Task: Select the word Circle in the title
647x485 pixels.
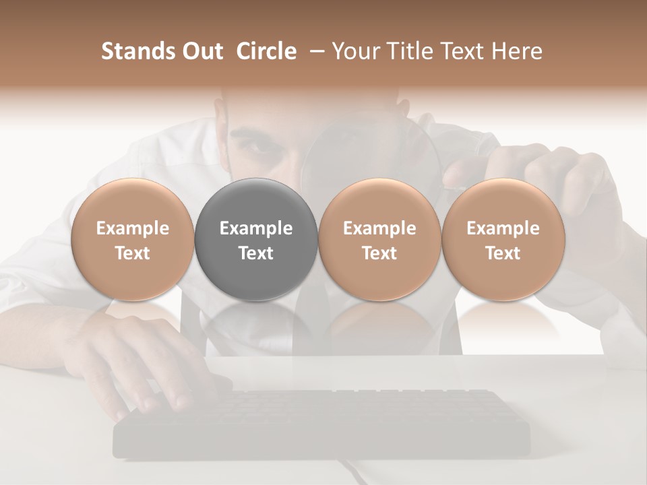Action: pyautogui.click(x=266, y=51)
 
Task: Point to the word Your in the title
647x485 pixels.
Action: pyautogui.click(x=355, y=51)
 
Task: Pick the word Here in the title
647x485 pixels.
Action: pyautogui.click(x=518, y=51)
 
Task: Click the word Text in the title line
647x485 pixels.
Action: pyautogui.click(x=458, y=51)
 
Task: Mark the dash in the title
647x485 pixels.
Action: pyautogui.click(x=314, y=52)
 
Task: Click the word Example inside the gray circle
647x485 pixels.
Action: pyautogui.click(x=256, y=228)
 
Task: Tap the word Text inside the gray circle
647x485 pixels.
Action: pyautogui.click(x=256, y=253)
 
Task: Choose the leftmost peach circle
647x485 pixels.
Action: pyautogui.click(x=133, y=202)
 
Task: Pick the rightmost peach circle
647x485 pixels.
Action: pyautogui.click(x=503, y=202)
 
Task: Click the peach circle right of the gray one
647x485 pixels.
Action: pyautogui.click(x=379, y=202)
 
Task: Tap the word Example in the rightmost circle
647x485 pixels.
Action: pyautogui.click(x=503, y=228)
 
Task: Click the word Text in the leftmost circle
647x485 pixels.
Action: pyautogui.click(x=133, y=253)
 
